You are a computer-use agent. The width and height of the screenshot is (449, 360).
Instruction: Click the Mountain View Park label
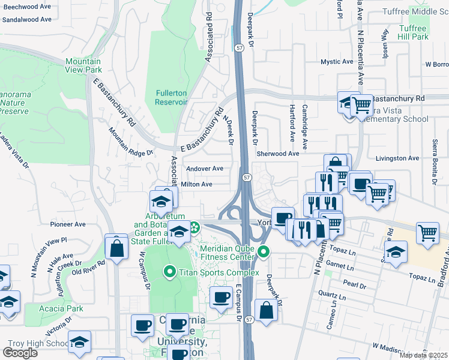coord(83,65)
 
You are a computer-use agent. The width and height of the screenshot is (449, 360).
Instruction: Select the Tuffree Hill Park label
coord(413,32)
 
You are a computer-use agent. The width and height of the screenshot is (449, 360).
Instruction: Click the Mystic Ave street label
coord(337,62)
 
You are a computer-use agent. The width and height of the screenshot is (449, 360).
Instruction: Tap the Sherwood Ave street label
coord(278,154)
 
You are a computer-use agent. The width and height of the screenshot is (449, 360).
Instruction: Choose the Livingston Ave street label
coord(397,158)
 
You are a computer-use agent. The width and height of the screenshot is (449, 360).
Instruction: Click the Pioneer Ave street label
coord(68,224)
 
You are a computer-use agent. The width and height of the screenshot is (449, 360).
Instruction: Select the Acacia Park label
coord(67,308)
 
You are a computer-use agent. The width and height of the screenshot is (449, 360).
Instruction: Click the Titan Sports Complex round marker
coord(169,272)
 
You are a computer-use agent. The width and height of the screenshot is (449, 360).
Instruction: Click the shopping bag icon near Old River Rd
coord(116,246)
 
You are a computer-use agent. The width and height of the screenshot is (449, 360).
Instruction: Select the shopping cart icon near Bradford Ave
coord(427,232)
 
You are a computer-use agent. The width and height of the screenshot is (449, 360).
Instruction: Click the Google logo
coord(20,353)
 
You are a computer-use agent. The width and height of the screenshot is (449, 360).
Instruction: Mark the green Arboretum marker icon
coord(194,227)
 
